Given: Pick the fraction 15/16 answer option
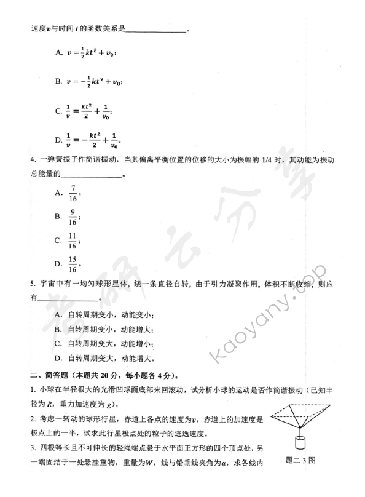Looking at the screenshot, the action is pyautogui.click(x=73, y=265).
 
